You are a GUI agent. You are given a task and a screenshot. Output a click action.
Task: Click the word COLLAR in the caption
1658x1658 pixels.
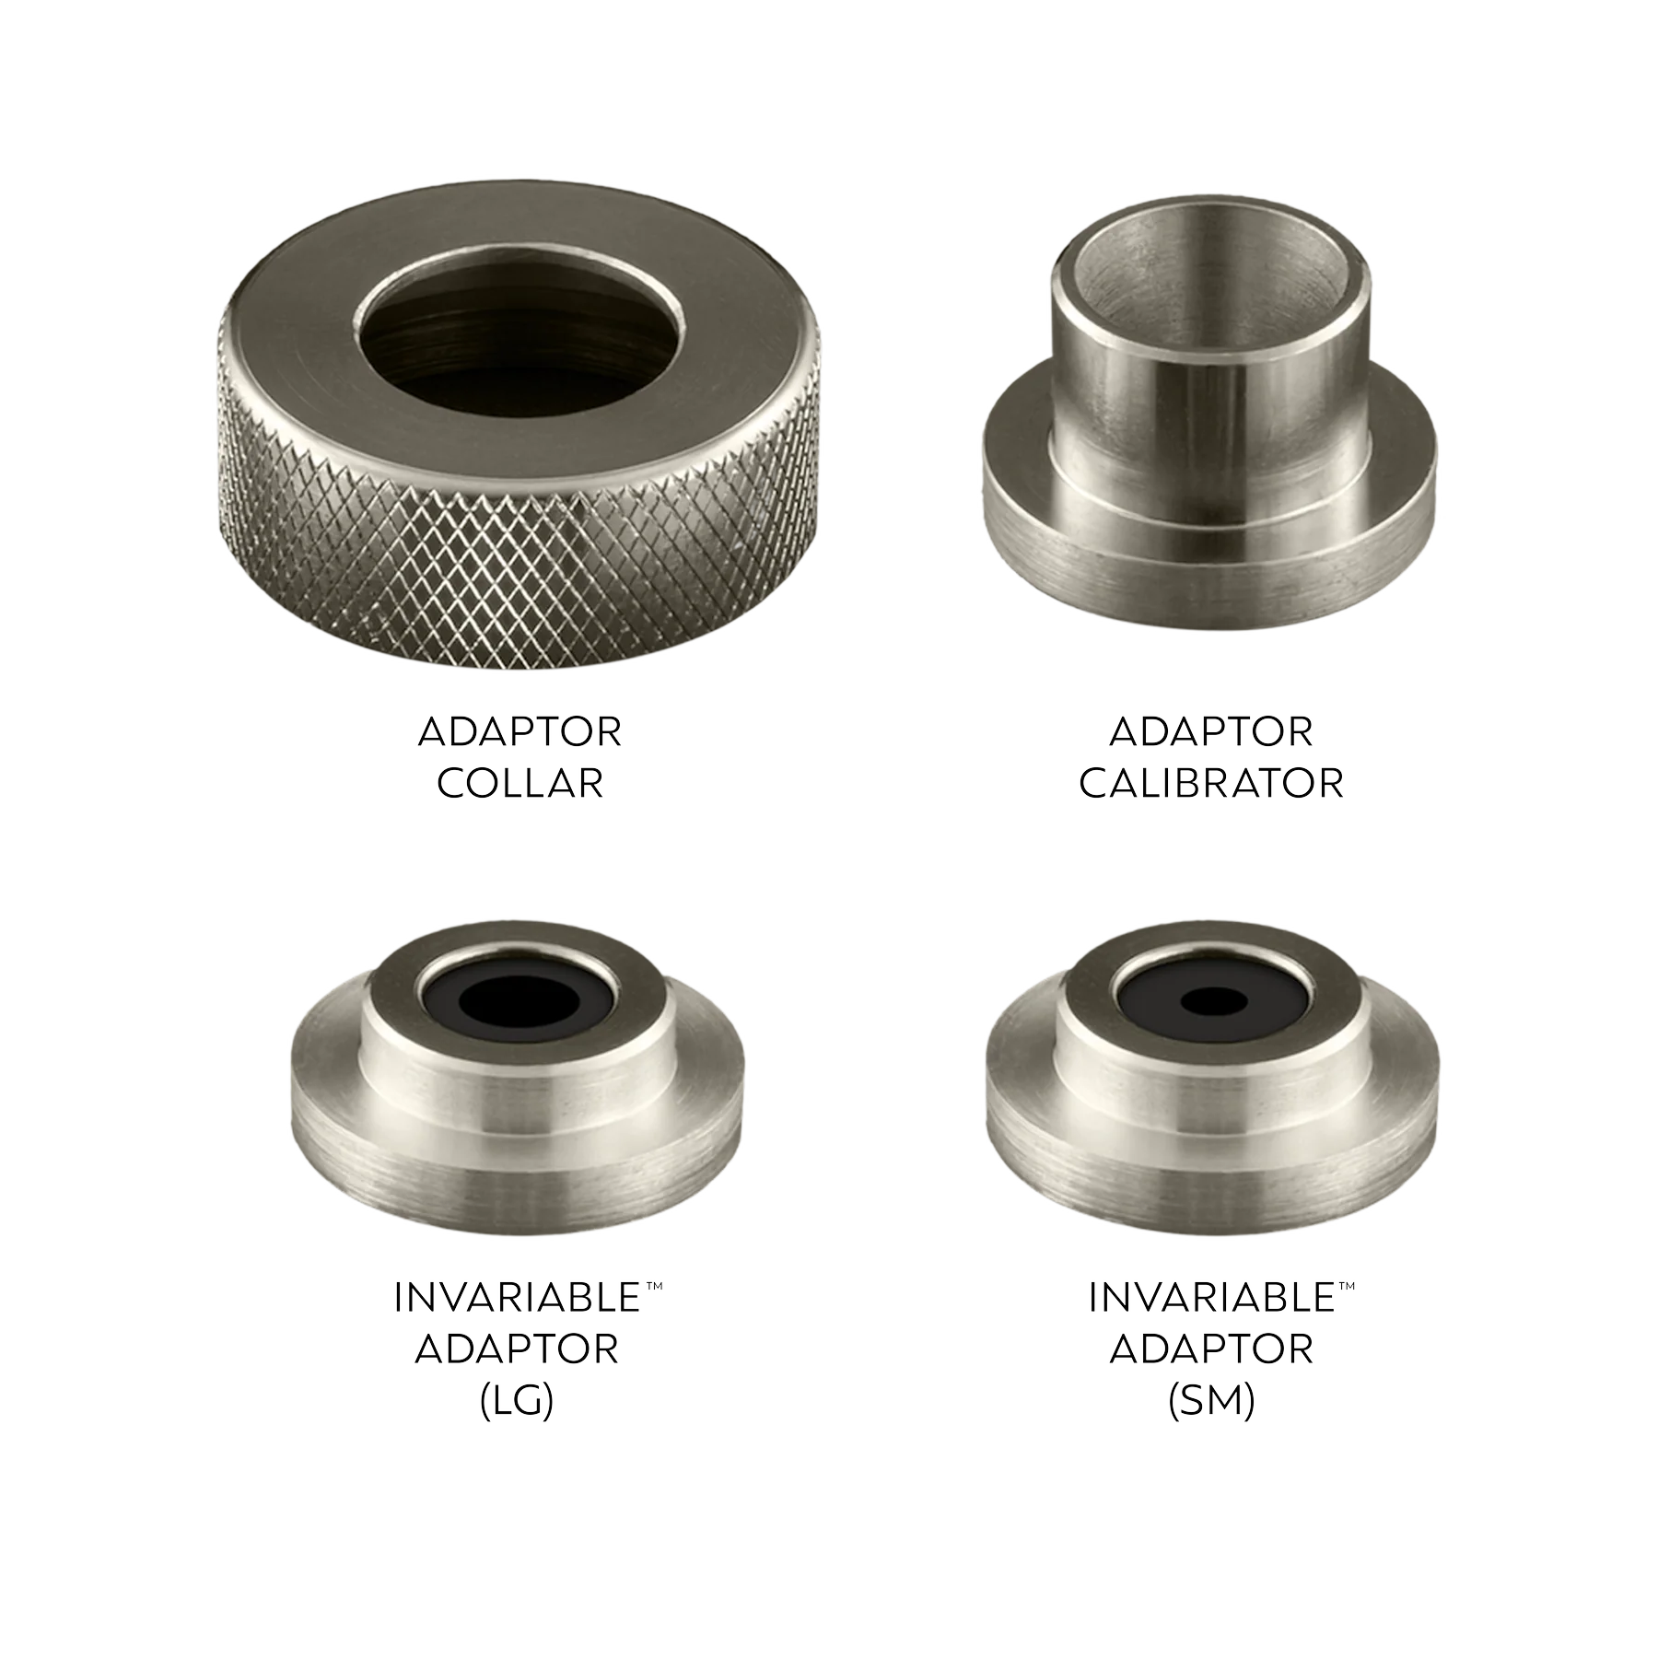pyautogui.click(x=520, y=784)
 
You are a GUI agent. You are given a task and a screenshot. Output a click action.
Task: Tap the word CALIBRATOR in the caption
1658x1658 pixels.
pyautogui.click(x=1211, y=784)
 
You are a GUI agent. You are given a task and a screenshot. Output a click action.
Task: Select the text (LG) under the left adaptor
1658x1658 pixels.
pyautogui.click(x=518, y=1403)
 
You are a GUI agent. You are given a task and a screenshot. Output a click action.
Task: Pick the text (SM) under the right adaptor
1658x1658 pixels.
pyautogui.click(x=1211, y=1403)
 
